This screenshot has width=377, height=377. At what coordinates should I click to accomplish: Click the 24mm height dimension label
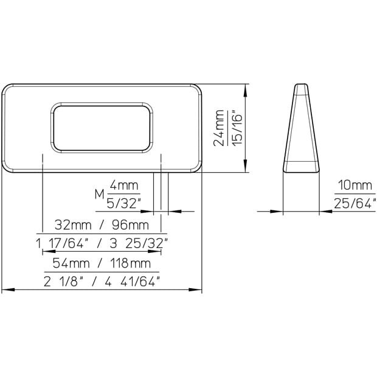click(x=219, y=128)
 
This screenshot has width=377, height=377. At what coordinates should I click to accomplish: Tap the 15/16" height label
click(x=237, y=128)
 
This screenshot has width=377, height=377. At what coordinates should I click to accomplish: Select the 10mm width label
click(x=355, y=185)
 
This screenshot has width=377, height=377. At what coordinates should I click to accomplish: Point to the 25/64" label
click(x=355, y=204)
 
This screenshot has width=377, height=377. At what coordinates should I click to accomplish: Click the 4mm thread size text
click(x=124, y=185)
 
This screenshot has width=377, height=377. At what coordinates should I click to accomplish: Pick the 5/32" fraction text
click(x=123, y=204)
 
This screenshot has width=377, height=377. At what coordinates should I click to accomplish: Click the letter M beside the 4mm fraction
click(x=100, y=194)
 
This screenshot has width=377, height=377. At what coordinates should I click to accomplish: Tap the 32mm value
click(x=73, y=225)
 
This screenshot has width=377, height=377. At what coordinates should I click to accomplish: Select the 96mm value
click(x=130, y=225)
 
